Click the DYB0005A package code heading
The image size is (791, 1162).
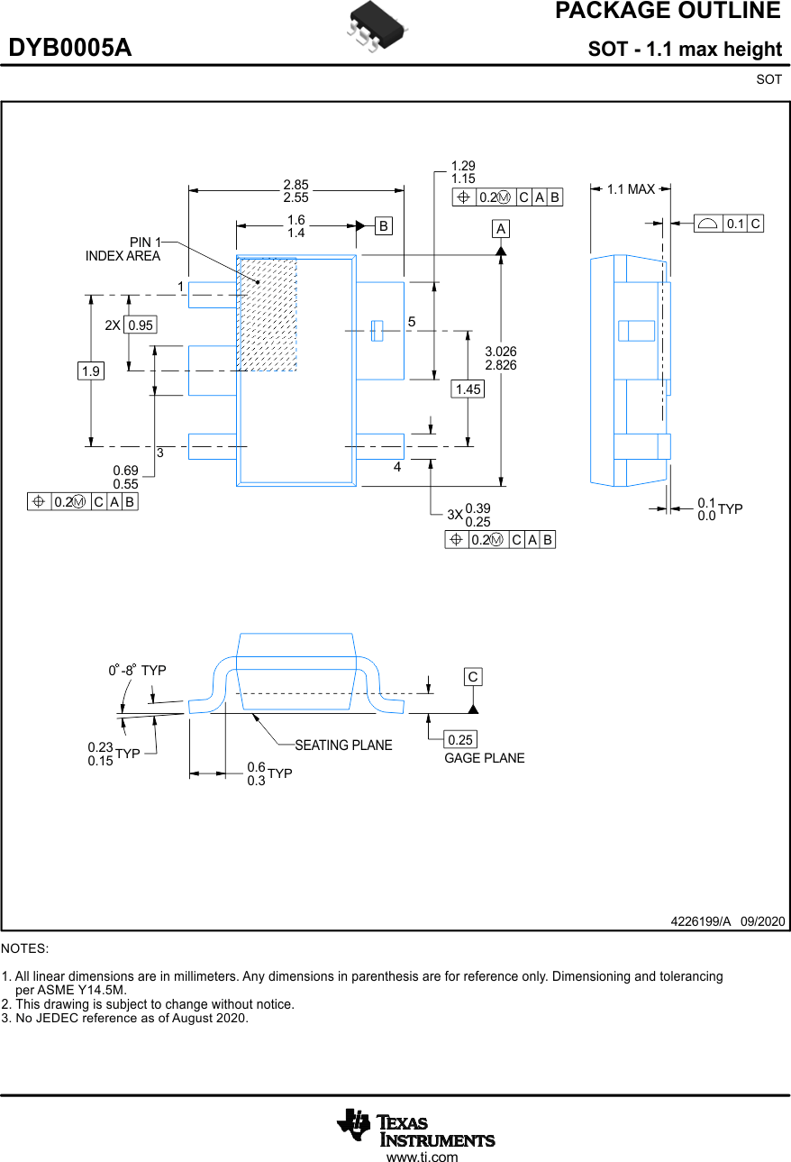click(70, 49)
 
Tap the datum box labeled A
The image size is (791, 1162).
click(501, 229)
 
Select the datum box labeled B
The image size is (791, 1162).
click(384, 226)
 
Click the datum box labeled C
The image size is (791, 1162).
click(473, 677)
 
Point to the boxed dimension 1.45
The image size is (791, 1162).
click(468, 389)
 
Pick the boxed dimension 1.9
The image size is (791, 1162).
click(90, 371)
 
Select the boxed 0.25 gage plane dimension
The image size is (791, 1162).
click(459, 740)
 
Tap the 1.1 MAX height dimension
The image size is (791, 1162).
click(631, 189)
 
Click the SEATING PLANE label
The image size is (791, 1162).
click(343, 746)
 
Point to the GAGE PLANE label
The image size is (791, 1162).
click(484, 758)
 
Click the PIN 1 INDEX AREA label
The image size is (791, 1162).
click(123, 249)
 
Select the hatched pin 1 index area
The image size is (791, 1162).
click(268, 315)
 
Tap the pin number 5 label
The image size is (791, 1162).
click(411, 322)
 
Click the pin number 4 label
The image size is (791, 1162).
click(396, 468)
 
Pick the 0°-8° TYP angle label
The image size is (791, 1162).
click(138, 671)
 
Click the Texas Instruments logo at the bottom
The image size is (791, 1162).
click(415, 1129)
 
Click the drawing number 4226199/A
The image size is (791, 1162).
click(700, 921)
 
